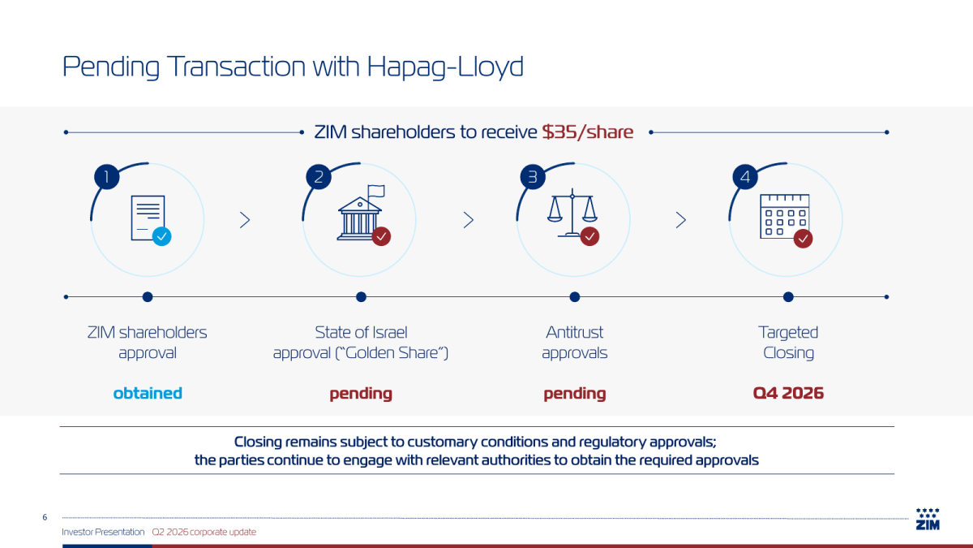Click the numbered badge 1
coord(107,177)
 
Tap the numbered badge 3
coord(533,177)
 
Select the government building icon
coord(361,213)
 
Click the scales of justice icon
coord(572,213)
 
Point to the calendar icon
coord(785,216)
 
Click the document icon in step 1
coord(148,218)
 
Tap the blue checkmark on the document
coord(161,236)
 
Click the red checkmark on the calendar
coord(804,239)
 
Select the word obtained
coord(148,393)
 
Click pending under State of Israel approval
coord(361,394)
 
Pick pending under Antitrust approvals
coord(575,394)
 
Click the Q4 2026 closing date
coord(788,393)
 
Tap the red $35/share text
coord(588,132)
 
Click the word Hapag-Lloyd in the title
coord(445,67)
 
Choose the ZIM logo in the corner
coord(928,519)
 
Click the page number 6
coord(45,517)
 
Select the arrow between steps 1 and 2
coord(245,220)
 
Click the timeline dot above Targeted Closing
coord(788,297)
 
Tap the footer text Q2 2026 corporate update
coord(204,532)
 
